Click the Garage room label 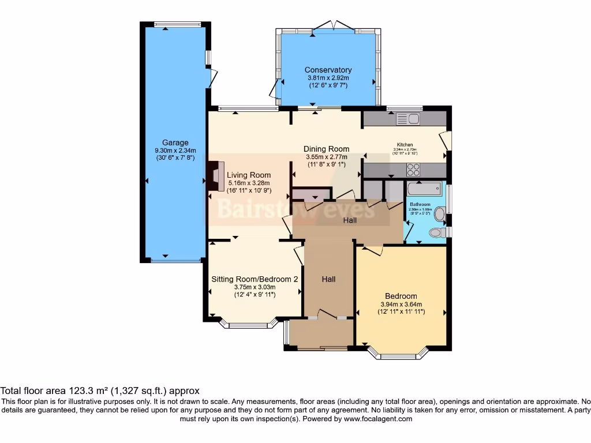coord(175,143)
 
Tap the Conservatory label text coord(328,70)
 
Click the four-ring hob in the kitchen coord(413,170)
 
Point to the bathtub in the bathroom coord(424,190)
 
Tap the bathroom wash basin coord(440,215)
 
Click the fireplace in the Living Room coord(217,176)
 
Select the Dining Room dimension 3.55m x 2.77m coord(327,156)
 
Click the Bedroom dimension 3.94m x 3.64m coord(402,305)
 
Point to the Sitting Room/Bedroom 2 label coord(255,279)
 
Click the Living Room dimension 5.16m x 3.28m coord(248,183)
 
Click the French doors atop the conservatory coord(333,27)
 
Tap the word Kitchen coord(405,145)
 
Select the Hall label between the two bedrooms coord(328,279)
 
